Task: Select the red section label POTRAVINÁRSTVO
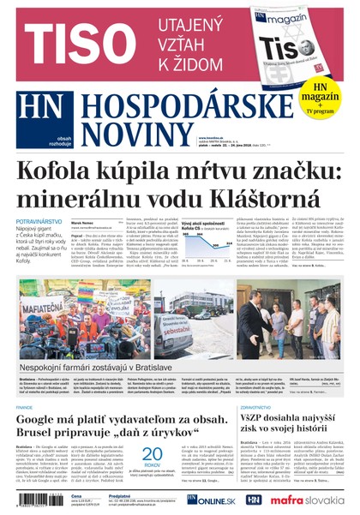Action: (39, 221)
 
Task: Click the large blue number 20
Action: (153, 453)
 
